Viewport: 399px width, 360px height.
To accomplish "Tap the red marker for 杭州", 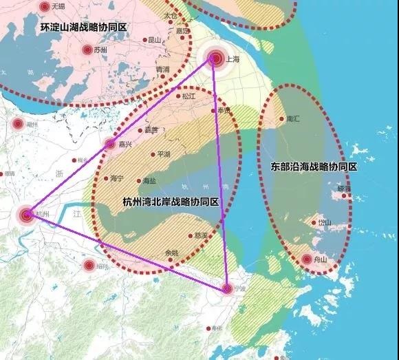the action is [x=26, y=215].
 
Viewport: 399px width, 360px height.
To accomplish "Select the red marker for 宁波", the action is [x=228, y=288].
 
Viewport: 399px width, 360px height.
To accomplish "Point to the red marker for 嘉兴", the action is [x=110, y=144].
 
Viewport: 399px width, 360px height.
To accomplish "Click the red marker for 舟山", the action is [x=308, y=260].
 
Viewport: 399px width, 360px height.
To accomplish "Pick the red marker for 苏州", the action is [x=87, y=50].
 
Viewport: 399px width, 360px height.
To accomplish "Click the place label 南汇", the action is [x=292, y=118].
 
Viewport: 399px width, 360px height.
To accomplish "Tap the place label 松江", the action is [x=189, y=96].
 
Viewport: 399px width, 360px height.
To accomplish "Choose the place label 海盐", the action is [x=149, y=180].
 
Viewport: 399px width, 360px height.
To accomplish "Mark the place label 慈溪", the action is [x=200, y=235].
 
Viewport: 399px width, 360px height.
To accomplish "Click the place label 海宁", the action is [x=116, y=178].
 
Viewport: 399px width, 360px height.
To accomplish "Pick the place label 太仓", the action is [x=171, y=15].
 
